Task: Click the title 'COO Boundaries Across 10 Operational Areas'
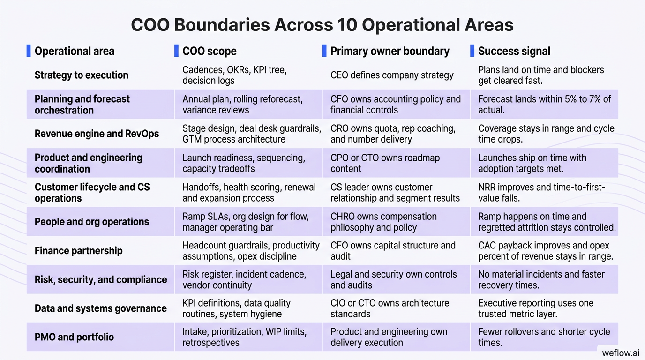322,24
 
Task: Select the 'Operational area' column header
74,51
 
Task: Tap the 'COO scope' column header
209,51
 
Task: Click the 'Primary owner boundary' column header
390,51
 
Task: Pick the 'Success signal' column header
514,51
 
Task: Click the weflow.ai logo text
620,352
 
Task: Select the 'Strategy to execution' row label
81,75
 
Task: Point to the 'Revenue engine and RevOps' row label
97,134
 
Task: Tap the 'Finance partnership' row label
78,250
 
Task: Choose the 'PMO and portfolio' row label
74,337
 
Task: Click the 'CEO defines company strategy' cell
392,75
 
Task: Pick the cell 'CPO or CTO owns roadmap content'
385,163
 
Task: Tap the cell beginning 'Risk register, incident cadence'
244,279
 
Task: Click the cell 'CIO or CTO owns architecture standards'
390,308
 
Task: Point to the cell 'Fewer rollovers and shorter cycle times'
544,337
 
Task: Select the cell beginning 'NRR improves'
541,193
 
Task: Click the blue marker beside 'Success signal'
472,51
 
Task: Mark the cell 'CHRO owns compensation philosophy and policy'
383,222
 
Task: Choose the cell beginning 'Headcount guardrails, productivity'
251,250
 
